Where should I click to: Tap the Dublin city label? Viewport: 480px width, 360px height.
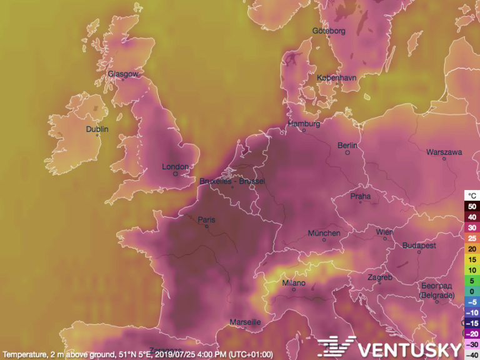pyautogui.click(x=97, y=129)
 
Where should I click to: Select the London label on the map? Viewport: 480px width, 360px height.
pyautogui.click(x=175, y=167)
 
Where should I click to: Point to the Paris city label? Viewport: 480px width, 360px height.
pyautogui.click(x=206, y=220)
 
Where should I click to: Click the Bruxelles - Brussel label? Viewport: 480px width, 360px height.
pyautogui.click(x=232, y=181)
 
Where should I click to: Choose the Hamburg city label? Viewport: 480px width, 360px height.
pyautogui.click(x=304, y=124)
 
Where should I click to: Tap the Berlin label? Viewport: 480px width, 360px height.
pyautogui.click(x=347, y=146)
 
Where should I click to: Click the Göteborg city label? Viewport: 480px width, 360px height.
pyautogui.click(x=329, y=32)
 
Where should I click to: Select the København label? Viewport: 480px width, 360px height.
pyautogui.click(x=336, y=78)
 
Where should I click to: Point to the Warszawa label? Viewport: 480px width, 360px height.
pyautogui.click(x=444, y=152)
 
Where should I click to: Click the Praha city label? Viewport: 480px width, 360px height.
pyautogui.click(x=360, y=196)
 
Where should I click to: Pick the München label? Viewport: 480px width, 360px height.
pyautogui.click(x=324, y=234)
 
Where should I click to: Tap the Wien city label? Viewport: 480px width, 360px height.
pyautogui.click(x=384, y=232)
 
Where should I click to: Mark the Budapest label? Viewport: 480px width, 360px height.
pyautogui.click(x=419, y=246)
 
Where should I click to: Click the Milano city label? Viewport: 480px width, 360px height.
pyautogui.click(x=294, y=283)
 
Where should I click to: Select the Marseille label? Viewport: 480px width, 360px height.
pyautogui.click(x=245, y=322)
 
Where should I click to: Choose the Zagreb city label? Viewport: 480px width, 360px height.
pyautogui.click(x=380, y=277)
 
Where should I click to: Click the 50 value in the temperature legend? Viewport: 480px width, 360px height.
pyautogui.click(x=472, y=206)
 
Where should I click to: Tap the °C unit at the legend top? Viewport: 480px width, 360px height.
pyautogui.click(x=472, y=196)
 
